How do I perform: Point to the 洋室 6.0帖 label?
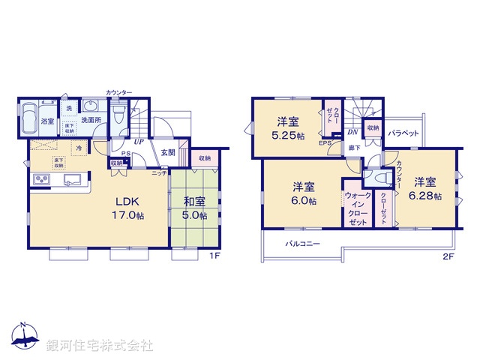coord(304,193)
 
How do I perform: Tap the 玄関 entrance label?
coord(168,152)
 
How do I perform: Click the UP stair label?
coord(139,140)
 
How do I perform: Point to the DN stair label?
coord(352,132)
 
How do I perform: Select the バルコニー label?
coord(302,244)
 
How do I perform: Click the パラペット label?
coord(403,133)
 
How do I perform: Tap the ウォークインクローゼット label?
coord(356,208)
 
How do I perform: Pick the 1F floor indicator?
coord(214,256)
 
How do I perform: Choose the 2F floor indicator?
coord(448,256)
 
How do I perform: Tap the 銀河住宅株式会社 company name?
coord(99,346)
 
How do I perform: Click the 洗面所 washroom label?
coord(91,119)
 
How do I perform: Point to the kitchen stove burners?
coord(40,180)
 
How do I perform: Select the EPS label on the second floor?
coord(325,142)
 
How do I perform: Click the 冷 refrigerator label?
coord(79,149)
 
